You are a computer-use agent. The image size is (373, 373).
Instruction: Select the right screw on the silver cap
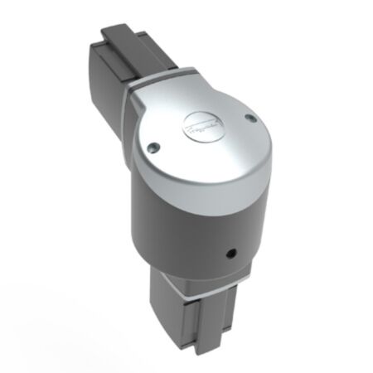[248, 119]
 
